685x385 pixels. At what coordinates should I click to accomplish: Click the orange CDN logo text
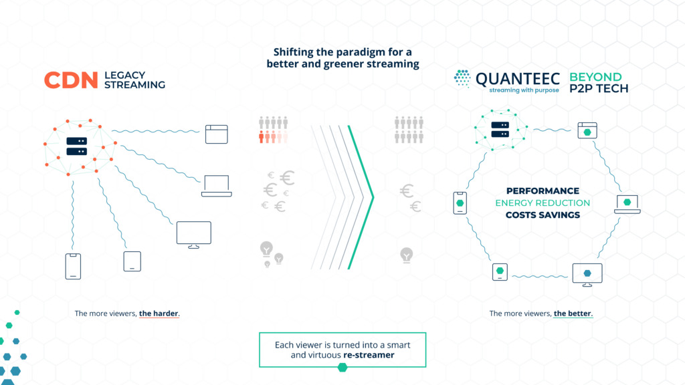click(x=71, y=80)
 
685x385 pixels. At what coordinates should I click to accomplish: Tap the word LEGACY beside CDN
click(x=124, y=75)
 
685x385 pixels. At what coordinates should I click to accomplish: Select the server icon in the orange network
click(x=76, y=146)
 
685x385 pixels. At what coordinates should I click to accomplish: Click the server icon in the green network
click(x=500, y=130)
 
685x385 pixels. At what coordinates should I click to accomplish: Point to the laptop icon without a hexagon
click(x=217, y=186)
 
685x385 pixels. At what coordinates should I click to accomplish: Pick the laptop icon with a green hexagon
click(x=627, y=205)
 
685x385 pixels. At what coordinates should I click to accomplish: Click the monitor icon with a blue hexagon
click(x=587, y=275)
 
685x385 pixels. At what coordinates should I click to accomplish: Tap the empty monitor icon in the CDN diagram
click(x=194, y=235)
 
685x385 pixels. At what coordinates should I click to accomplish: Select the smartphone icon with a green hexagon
click(x=460, y=203)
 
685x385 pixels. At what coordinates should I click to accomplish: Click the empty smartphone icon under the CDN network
click(x=73, y=266)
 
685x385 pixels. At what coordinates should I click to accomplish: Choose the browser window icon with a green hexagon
click(x=587, y=130)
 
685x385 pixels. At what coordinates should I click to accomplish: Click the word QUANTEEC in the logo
click(x=518, y=79)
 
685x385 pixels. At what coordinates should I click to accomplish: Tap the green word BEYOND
click(x=595, y=78)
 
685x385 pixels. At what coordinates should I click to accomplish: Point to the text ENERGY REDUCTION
click(x=543, y=203)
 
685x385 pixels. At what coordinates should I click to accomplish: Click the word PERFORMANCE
click(x=543, y=190)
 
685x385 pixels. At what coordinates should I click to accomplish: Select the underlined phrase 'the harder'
click(x=159, y=313)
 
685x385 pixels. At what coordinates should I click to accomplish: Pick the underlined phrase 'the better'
click(x=573, y=313)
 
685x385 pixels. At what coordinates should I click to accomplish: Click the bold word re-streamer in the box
click(x=369, y=355)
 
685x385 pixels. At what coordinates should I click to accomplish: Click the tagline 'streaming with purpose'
click(x=524, y=90)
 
